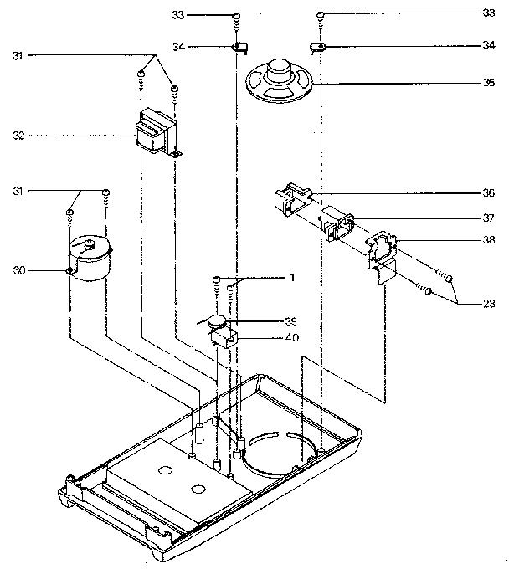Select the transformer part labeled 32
pyautogui.click(x=157, y=132)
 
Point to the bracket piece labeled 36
pyautogui.click(x=293, y=199)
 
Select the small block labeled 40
pyautogui.click(x=224, y=338)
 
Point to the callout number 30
pyautogui.click(x=19, y=270)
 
